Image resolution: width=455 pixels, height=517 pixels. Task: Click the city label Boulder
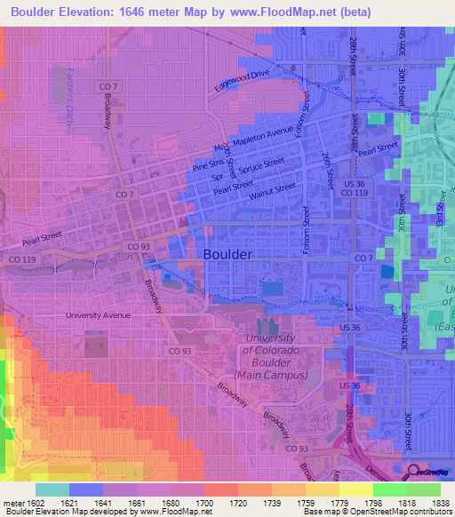(x=228, y=254)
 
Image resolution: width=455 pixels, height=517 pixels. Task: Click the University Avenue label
(x=98, y=314)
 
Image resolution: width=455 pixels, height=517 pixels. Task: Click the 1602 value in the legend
(x=35, y=503)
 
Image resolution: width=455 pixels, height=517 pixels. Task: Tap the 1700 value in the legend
(x=204, y=503)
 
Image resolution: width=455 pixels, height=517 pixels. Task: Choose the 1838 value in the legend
(x=440, y=503)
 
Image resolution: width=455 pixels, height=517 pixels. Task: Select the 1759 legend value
(x=305, y=503)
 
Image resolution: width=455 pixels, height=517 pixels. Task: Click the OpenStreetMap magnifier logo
(x=415, y=472)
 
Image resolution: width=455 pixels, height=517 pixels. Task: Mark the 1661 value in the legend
(x=136, y=503)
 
